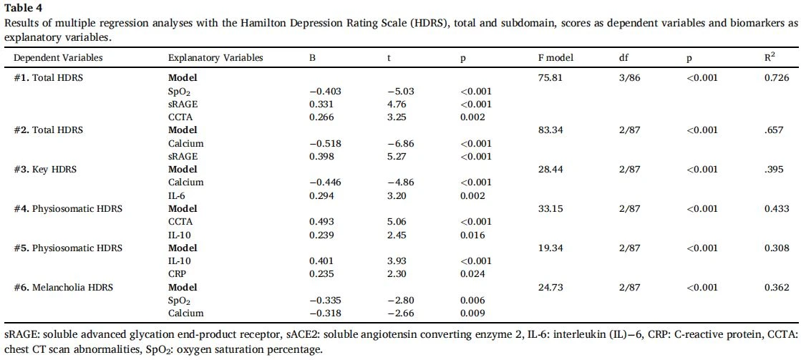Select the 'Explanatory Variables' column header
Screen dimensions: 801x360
point(215,58)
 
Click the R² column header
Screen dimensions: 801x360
point(766,57)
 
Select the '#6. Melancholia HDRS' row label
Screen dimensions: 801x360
point(63,287)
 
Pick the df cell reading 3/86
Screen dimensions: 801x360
point(627,78)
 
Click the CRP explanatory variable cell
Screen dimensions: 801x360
point(177,273)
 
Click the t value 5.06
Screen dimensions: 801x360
point(397,222)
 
